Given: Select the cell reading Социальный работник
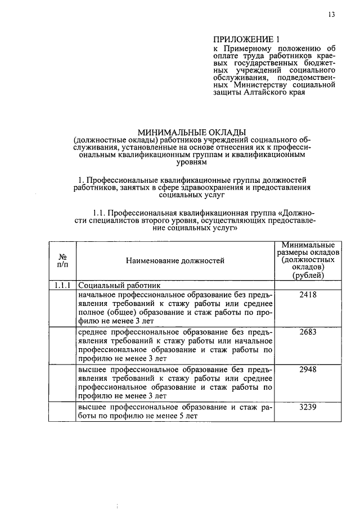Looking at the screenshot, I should pyautogui.click(x=119, y=285).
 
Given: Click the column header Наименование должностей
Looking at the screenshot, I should pyautogui.click(x=175, y=260).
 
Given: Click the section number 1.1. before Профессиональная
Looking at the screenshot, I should pyautogui.click(x=98, y=213).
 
